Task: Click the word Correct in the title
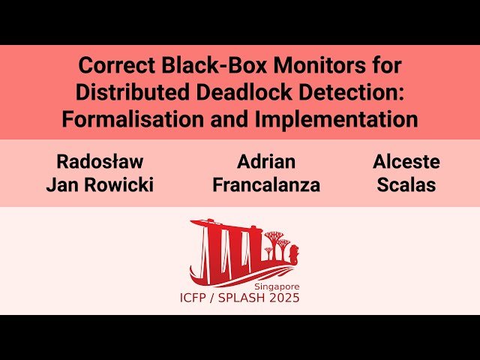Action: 112,65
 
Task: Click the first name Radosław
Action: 100,162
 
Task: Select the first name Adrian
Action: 266,162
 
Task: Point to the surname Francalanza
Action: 266,185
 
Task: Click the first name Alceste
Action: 406,162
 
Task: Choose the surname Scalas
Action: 406,185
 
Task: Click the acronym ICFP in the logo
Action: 197,298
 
